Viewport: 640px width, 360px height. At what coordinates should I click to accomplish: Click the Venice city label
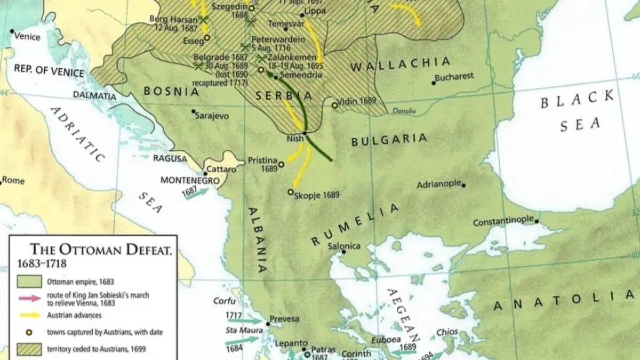27,36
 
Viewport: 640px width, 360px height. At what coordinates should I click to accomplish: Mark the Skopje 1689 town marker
291,192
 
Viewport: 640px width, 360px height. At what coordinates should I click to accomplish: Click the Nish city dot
305,133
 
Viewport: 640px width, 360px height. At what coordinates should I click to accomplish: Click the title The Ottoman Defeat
100,250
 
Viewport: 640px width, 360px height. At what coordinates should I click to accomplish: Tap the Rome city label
13,181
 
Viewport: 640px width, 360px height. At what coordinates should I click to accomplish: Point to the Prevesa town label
284,319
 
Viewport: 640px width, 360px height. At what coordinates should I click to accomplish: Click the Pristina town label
262,160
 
